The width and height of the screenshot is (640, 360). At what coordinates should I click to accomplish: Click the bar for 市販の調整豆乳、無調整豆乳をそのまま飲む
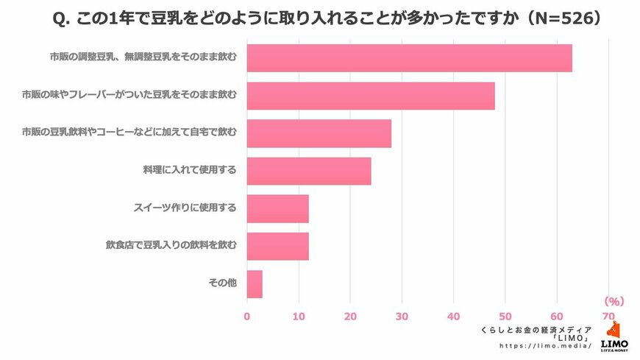tap(409, 58)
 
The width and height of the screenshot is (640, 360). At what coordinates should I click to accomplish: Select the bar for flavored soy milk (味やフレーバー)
tap(371, 96)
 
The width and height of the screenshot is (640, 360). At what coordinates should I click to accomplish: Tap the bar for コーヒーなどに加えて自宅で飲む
tap(319, 133)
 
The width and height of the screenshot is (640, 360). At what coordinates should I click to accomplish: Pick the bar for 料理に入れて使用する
tap(309, 171)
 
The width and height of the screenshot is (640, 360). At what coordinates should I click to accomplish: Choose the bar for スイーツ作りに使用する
tap(277, 208)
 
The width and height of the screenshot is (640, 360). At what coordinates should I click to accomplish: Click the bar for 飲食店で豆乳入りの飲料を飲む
tap(277, 246)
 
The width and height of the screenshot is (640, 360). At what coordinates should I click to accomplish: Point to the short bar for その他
tap(255, 283)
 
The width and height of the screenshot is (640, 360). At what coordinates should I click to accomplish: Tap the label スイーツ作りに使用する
tap(184, 208)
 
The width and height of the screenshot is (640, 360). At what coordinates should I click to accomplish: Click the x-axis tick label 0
tap(247, 317)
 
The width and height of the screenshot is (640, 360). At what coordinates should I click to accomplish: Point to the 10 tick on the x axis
tap(299, 317)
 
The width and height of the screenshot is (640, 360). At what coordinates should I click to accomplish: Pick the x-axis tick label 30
tap(402, 317)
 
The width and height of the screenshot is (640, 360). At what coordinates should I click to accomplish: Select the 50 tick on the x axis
tap(505, 317)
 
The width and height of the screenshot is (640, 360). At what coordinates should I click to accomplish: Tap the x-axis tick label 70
tap(608, 317)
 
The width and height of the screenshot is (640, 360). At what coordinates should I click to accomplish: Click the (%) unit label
tap(614, 301)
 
